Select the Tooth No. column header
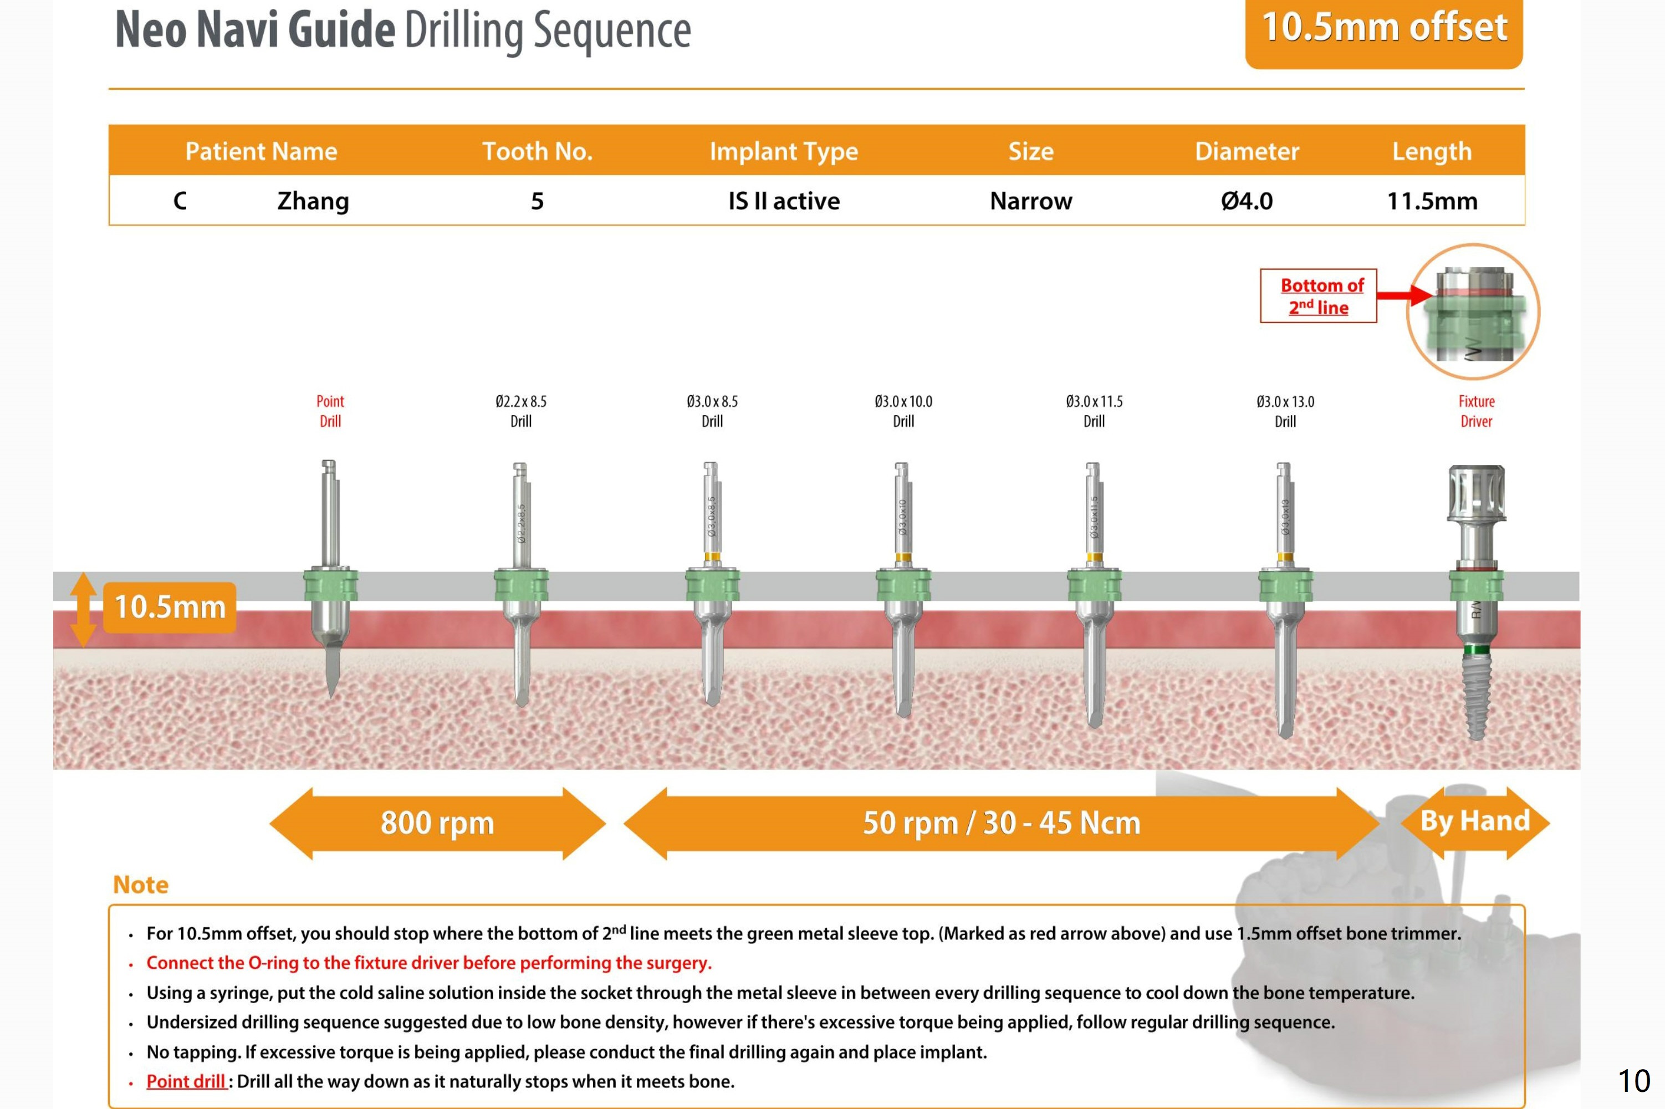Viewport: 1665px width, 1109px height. point(537,151)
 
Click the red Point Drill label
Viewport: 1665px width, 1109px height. point(330,411)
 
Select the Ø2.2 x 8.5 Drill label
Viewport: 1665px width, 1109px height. point(522,411)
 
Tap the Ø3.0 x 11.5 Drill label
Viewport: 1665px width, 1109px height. point(1094,411)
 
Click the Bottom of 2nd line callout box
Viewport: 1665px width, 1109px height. point(1319,295)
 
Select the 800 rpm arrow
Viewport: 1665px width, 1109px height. point(437,823)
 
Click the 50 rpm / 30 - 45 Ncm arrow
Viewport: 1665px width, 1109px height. point(1001,823)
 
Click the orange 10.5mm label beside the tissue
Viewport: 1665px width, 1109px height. point(170,607)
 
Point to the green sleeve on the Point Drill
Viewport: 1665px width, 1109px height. point(330,585)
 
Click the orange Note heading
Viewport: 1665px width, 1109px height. point(141,885)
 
